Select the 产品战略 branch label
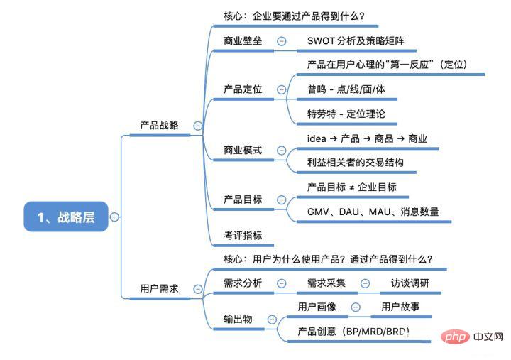159,126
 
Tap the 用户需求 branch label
159,289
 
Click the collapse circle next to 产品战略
197,126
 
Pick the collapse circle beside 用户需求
197,289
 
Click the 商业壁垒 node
243,40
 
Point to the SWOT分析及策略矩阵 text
357,40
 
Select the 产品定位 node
243,89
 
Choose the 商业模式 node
243,150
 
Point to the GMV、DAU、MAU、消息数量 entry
373,211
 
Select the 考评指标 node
243,234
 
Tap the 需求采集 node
326,283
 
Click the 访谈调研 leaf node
410,283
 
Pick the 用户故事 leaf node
401,307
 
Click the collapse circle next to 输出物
272,320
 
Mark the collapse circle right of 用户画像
356,307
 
